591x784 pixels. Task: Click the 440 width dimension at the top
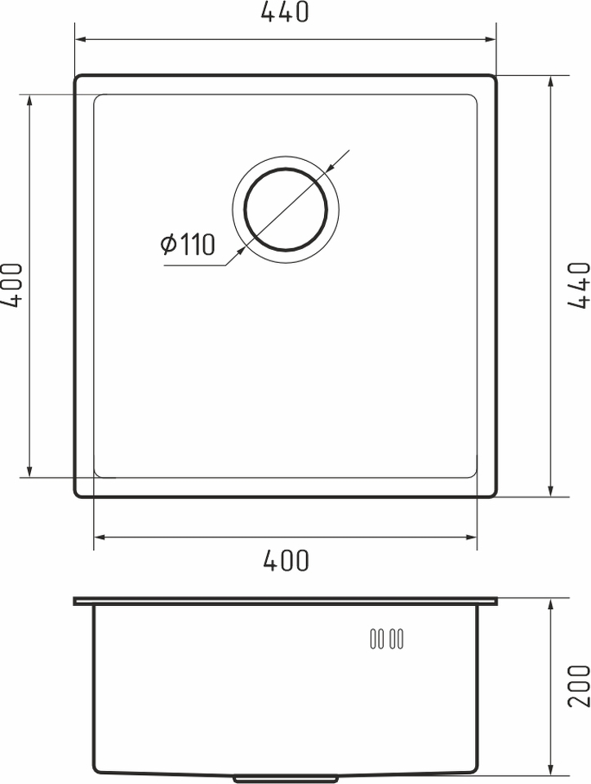(x=285, y=12)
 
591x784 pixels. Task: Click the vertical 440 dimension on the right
(x=579, y=285)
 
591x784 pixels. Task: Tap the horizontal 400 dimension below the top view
(x=286, y=560)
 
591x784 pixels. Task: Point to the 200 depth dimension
(x=579, y=685)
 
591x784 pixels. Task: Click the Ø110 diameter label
(x=188, y=244)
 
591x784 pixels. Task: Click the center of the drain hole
(x=286, y=209)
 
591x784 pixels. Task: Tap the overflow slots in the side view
(x=387, y=639)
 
